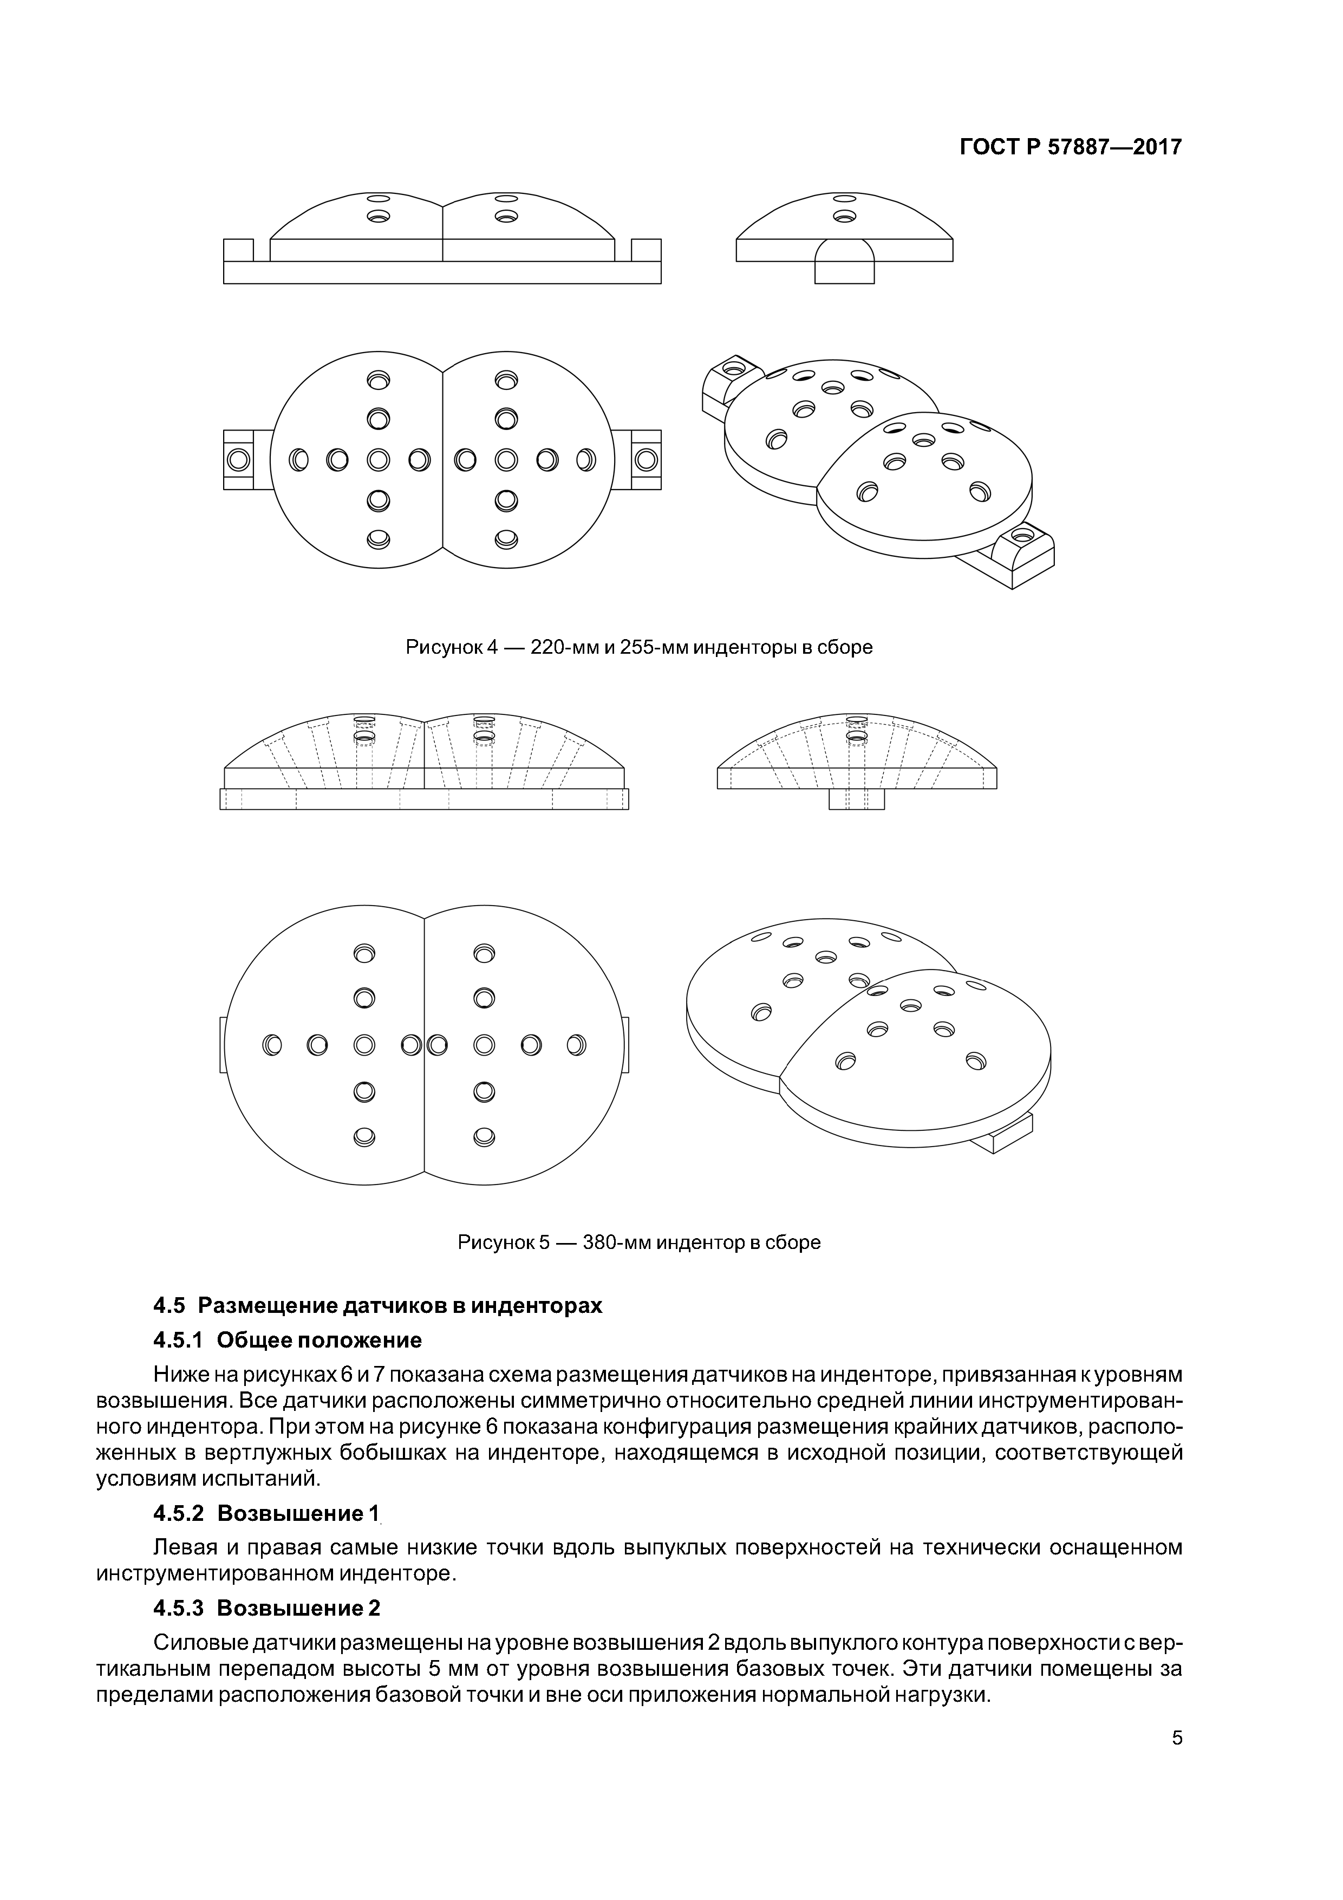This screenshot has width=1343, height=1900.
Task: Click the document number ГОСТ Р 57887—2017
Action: tap(1071, 147)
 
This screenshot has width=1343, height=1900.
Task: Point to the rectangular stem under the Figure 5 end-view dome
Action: tap(857, 799)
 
